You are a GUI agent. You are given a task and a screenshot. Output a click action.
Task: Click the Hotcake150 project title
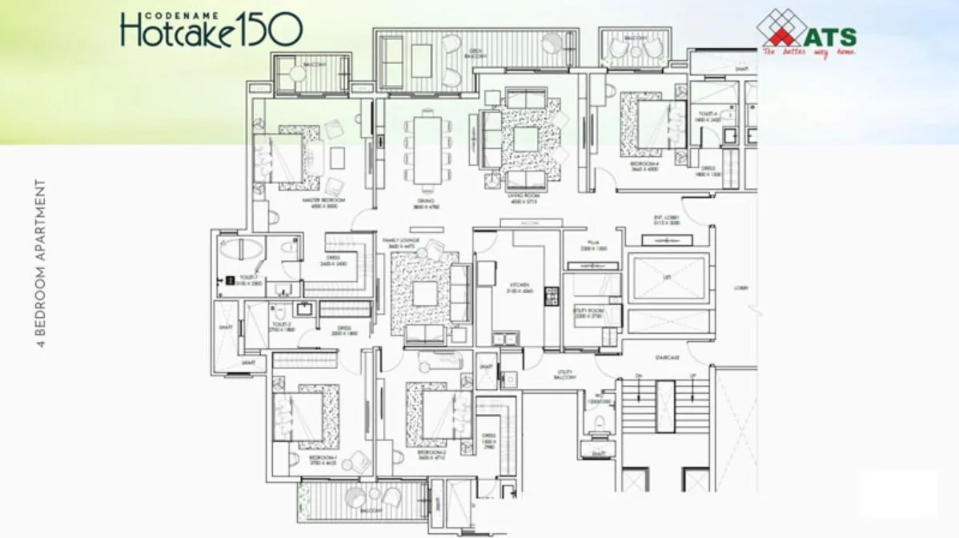[x=211, y=29]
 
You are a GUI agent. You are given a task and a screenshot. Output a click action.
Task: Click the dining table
[x=427, y=150]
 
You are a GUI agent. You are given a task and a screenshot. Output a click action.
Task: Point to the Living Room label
[x=524, y=199]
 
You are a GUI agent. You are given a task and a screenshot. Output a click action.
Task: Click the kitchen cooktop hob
[x=550, y=296]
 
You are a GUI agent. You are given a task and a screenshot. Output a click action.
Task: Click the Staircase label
[x=667, y=357]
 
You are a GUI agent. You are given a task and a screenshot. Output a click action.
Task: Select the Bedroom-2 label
[x=431, y=452]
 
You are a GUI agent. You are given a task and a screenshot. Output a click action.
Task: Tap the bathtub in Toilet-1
[x=241, y=249]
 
